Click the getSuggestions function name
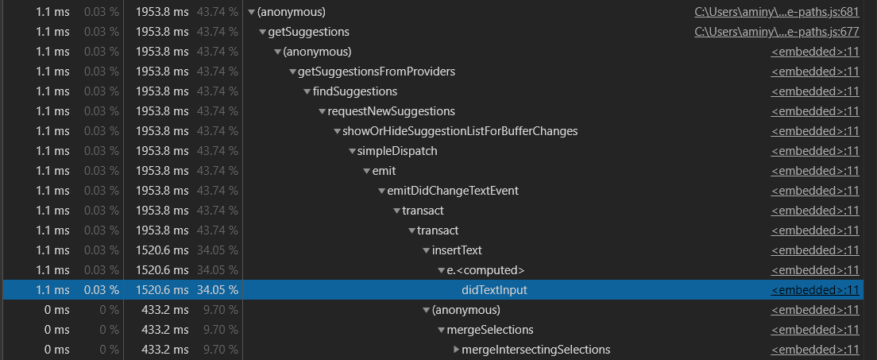310,32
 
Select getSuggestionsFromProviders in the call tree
377,72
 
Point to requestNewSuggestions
392,111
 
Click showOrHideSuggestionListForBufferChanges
460,131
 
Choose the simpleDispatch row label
397,151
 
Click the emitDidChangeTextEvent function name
453,191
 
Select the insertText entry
457,250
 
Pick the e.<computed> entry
485,270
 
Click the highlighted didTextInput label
494,290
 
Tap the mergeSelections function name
490,330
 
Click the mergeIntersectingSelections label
535,350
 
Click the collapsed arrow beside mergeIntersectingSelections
456,350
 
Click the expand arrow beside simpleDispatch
352,151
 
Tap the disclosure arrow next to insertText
427,250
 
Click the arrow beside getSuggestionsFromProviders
292,72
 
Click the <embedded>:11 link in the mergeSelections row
815,330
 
